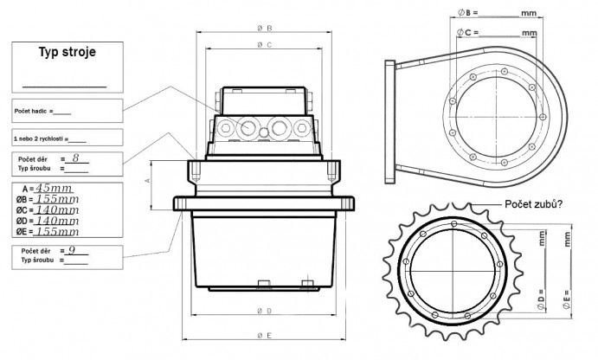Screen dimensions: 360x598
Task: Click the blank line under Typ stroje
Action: pyautogui.click(x=64, y=86)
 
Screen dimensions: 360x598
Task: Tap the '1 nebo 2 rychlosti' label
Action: pyautogui.click(x=39, y=139)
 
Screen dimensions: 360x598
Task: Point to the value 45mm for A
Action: pyautogui.click(x=54, y=188)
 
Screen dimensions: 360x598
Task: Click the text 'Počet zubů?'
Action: pyautogui.click(x=536, y=204)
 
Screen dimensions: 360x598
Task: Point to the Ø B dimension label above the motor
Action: pyautogui.click(x=266, y=27)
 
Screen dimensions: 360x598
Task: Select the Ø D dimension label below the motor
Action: pyautogui.click(x=266, y=310)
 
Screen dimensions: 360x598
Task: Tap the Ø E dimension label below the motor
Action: pyautogui.click(x=266, y=335)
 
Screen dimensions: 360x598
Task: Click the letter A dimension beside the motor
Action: pyautogui.click(x=147, y=181)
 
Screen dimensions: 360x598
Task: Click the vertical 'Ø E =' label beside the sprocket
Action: pyautogui.click(x=567, y=299)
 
